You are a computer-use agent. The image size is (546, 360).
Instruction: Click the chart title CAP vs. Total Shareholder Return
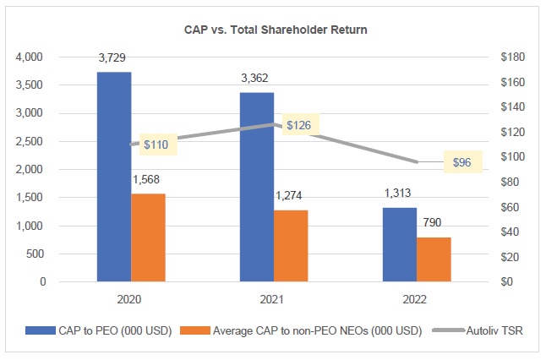(273, 30)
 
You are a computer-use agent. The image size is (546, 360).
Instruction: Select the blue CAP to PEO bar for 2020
(114, 177)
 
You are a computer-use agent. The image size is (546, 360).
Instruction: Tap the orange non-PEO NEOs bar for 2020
(149, 237)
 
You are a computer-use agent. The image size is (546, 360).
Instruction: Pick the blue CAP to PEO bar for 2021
(256, 187)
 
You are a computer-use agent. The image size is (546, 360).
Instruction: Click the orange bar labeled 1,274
(291, 246)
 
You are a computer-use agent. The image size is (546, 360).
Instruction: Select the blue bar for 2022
(398, 244)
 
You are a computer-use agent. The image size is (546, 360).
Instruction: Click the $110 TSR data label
(154, 145)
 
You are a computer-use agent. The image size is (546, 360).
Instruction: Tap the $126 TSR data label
(298, 125)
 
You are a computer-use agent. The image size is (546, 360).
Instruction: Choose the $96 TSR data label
(461, 162)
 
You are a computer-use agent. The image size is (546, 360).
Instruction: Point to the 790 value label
(433, 222)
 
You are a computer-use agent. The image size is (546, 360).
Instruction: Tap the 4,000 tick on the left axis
(30, 57)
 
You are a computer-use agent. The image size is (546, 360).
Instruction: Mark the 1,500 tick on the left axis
(30, 198)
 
